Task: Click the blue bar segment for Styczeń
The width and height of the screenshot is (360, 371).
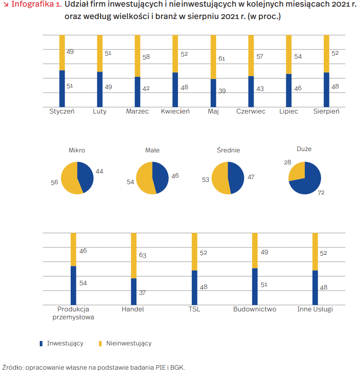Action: [62, 88]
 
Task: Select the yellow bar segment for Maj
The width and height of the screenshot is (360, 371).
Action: [213, 57]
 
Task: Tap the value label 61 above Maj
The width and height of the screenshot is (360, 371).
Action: [222, 58]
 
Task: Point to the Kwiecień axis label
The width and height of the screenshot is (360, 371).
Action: [175, 111]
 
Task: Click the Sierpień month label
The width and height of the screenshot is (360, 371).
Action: [326, 111]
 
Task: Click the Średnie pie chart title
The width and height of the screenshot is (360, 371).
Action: [228, 150]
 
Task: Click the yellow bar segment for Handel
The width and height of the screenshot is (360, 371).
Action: [134, 255]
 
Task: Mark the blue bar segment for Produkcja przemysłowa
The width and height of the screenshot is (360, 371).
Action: [73, 285]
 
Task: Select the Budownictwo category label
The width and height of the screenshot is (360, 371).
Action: [255, 309]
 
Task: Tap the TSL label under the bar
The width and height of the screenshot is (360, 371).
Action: [194, 309]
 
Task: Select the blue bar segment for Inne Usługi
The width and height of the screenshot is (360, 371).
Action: [315, 288]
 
